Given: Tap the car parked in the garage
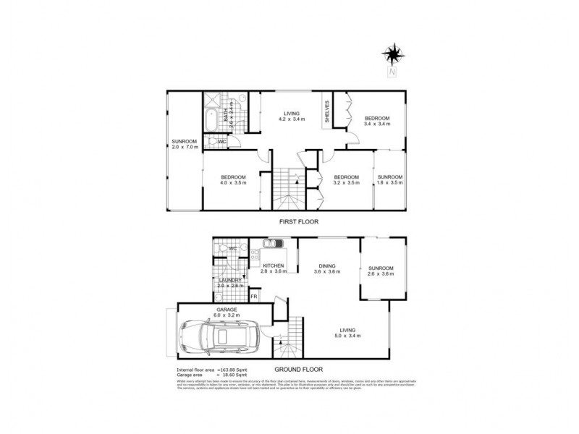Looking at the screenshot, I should [x=214, y=337].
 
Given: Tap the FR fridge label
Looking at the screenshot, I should [x=254, y=297].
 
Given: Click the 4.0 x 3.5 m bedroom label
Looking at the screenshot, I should [x=233, y=179].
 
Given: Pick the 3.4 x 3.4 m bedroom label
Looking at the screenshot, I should [x=377, y=121].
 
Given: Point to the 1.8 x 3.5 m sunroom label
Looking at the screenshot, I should [x=390, y=179].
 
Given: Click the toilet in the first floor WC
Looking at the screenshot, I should [x=211, y=142].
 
